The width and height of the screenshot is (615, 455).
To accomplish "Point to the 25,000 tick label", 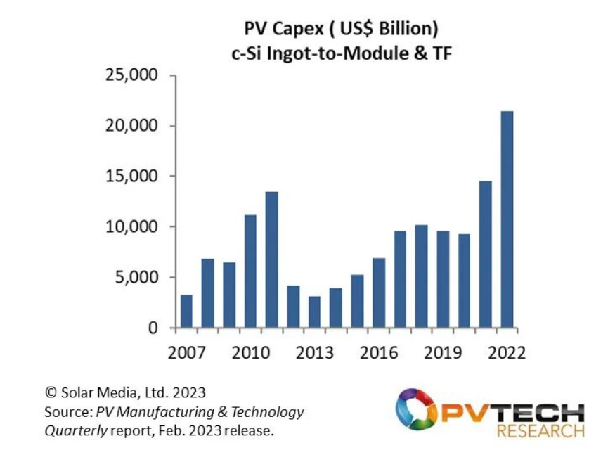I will [x=132, y=75].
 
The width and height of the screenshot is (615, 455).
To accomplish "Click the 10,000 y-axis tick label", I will [x=132, y=227].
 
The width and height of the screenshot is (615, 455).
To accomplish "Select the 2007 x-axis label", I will [x=186, y=352].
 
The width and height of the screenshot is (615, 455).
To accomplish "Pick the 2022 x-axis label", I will [x=506, y=352].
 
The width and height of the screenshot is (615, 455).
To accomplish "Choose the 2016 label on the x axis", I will [x=378, y=352].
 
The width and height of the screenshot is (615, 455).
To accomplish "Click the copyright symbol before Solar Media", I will [x=50, y=392].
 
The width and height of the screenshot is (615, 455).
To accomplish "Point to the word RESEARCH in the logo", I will [x=540, y=430].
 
